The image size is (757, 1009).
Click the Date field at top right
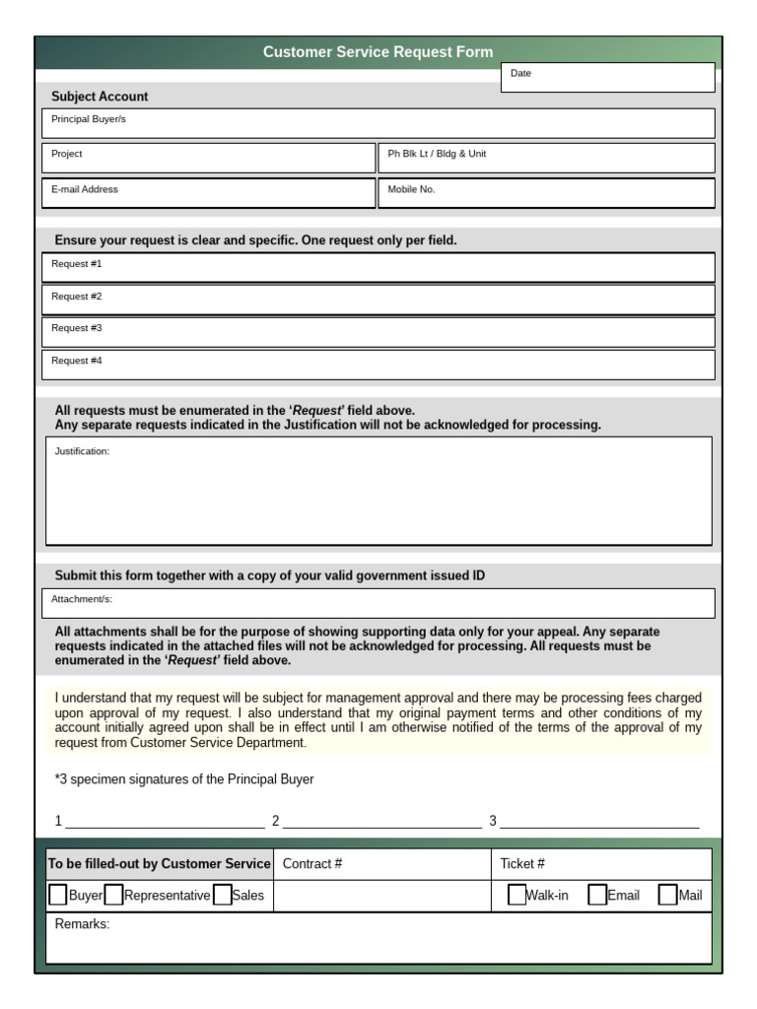[x=607, y=78]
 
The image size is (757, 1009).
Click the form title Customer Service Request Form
[x=378, y=52]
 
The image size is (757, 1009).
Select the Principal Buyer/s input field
[x=378, y=123]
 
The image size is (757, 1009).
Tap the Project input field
[x=208, y=158]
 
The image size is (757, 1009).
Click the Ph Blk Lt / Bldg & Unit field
[x=546, y=158]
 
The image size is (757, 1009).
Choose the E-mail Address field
[x=208, y=193]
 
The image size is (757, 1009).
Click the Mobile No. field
[x=546, y=193]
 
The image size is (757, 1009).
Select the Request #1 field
[x=378, y=267]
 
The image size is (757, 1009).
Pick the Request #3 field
[x=378, y=331]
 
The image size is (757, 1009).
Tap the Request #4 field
[x=378, y=364]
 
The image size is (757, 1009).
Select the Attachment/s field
[x=378, y=603]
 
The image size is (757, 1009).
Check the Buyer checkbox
[x=58, y=895]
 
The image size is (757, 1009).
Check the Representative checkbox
[x=113, y=895]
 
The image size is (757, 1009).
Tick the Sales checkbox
[x=222, y=895]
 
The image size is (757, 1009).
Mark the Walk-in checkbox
[x=516, y=895]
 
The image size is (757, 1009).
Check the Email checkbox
[x=596, y=895]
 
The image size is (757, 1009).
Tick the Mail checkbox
[x=667, y=895]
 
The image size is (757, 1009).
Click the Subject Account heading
[x=100, y=97]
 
